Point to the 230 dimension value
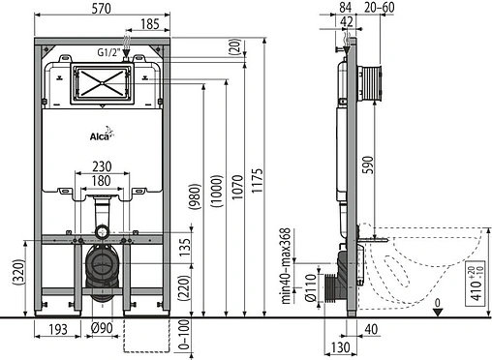[103, 165]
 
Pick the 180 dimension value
[103, 180]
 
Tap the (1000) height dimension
[216, 195]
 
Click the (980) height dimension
[196, 198]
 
